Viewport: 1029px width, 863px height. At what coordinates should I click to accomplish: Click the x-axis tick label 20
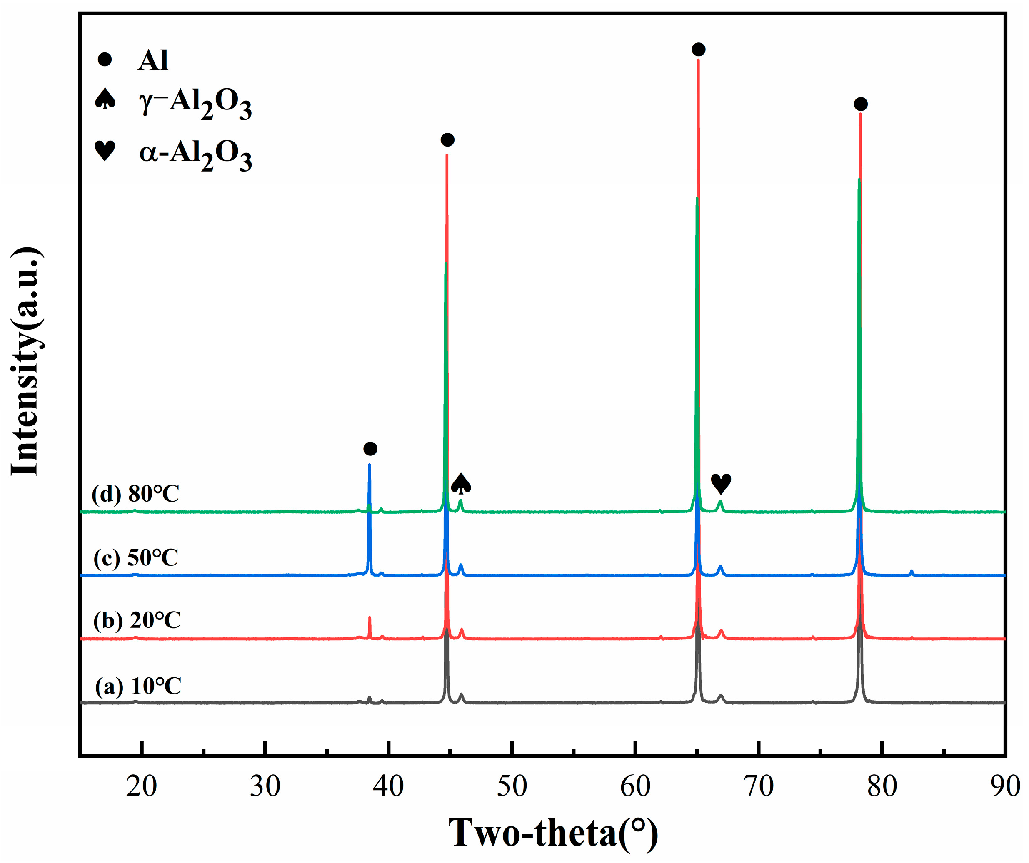click(142, 787)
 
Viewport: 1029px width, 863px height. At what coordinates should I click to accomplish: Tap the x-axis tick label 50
click(512, 787)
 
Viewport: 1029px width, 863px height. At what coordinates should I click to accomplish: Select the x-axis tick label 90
click(1004, 787)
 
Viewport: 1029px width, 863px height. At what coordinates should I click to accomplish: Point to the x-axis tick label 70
click(759, 787)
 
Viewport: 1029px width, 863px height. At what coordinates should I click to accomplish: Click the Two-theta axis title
click(553, 833)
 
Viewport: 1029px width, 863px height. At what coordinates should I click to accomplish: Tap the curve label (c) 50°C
click(136, 558)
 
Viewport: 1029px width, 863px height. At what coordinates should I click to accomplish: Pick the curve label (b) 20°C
click(137, 621)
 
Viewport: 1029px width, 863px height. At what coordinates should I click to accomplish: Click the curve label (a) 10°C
click(138, 686)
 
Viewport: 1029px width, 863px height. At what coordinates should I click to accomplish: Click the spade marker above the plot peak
click(461, 483)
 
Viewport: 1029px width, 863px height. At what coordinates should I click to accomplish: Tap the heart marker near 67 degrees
click(721, 483)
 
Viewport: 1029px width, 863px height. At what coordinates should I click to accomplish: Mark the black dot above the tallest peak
click(698, 50)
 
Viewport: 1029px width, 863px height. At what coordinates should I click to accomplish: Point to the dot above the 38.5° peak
click(370, 449)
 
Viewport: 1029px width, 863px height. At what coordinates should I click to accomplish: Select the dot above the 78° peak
click(860, 104)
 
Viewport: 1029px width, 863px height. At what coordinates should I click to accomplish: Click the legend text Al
click(153, 61)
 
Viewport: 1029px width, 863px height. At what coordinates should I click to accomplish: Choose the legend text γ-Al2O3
click(195, 103)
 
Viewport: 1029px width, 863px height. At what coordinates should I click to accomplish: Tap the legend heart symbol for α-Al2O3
click(105, 150)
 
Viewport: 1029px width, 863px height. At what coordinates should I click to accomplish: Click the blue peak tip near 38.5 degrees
click(370, 465)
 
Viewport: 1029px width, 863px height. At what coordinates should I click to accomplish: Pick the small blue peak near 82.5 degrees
click(912, 571)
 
